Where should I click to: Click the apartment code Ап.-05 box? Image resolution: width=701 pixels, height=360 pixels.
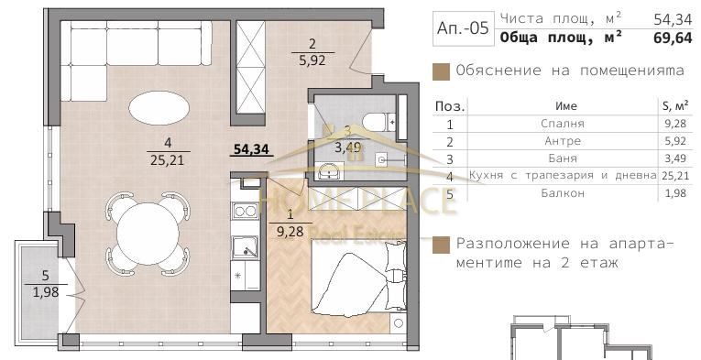pyautogui.click(x=463, y=27)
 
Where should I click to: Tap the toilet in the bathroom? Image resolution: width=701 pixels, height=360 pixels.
pyautogui.click(x=374, y=120)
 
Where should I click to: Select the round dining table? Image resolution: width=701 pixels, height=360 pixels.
pyautogui.click(x=147, y=227)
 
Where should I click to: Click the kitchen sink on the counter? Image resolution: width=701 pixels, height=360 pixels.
pyautogui.click(x=246, y=246)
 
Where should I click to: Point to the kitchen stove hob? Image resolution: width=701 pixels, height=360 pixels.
pyautogui.click(x=246, y=212)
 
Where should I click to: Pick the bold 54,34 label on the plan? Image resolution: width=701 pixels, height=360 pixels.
pyautogui.click(x=250, y=149)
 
